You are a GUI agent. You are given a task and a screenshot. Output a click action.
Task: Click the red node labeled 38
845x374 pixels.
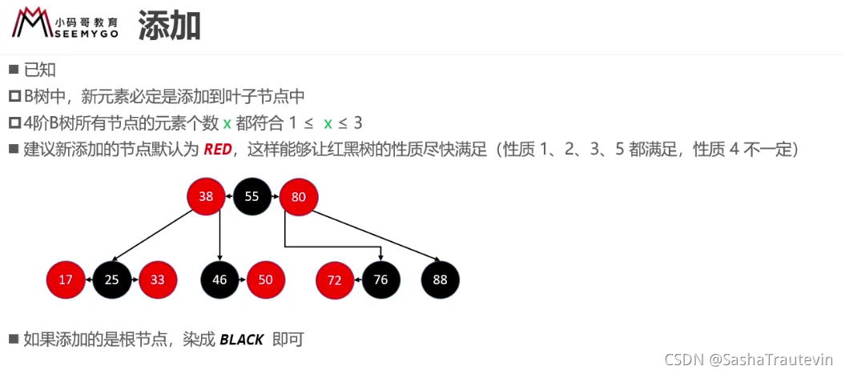207,197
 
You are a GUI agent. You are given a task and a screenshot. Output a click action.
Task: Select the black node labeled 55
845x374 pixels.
251,197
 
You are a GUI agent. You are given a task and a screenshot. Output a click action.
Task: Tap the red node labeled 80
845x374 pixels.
299,197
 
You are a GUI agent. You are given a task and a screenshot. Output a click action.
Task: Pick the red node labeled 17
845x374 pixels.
66,279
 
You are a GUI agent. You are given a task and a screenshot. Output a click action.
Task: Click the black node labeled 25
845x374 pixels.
112,279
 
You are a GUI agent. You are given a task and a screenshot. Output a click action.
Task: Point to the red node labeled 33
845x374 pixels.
158,279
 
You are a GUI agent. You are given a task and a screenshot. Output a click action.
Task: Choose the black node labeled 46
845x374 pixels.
220,279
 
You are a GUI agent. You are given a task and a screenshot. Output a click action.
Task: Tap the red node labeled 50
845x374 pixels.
266,279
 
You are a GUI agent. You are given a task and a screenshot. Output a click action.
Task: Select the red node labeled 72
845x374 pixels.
335,279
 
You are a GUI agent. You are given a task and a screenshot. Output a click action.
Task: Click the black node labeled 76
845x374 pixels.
381,279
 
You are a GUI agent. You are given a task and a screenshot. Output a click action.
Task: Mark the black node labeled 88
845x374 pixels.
441,279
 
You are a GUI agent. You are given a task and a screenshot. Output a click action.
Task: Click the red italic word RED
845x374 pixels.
217,150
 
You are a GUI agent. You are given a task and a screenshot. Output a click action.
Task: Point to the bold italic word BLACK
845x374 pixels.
242,340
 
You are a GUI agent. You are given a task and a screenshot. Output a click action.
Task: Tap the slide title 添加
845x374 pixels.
169,24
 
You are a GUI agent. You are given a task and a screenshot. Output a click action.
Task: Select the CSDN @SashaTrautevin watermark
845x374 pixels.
749,359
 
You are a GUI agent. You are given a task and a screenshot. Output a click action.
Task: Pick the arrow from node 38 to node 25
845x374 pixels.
154,235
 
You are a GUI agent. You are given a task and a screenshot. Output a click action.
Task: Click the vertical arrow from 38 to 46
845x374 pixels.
220,238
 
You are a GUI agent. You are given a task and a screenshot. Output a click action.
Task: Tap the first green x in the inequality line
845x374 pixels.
227,124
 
